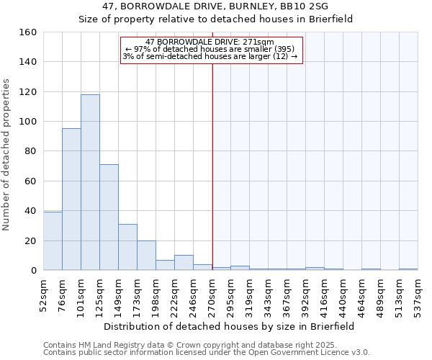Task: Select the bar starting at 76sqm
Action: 71,199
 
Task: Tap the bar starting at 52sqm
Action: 53,240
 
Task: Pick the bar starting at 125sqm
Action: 109,217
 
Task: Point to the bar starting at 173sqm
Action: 146,255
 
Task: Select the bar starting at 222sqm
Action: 184,263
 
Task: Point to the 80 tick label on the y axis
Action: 30,151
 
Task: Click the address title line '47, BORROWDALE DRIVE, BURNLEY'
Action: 215,6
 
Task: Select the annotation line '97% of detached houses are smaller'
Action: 210,49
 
